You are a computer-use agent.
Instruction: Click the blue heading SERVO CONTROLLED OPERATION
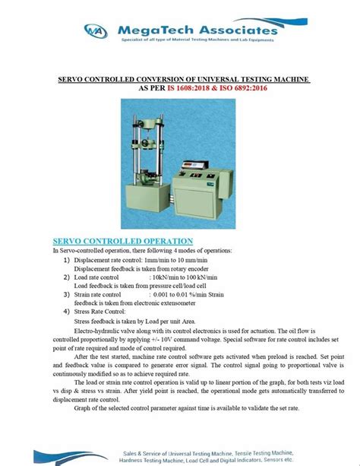click(x=120, y=239)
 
